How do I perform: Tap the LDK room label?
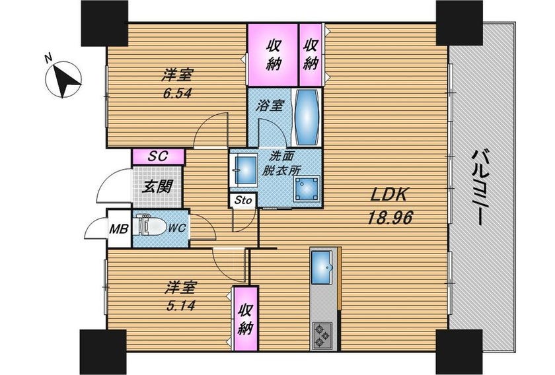pos(390,194)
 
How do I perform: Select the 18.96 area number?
pos(390,218)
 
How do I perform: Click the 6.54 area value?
pos(177,93)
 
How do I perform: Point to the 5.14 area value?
pos(180,305)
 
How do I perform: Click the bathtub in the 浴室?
pos(307,117)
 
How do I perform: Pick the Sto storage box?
pos(243,200)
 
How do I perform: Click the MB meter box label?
pos(118,229)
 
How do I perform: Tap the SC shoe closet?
pos(158,156)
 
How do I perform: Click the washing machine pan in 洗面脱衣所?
pos(307,189)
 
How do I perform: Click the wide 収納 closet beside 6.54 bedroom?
pos(272,55)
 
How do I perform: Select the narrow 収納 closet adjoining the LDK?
pos(311,55)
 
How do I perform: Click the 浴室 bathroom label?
pos(270,106)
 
